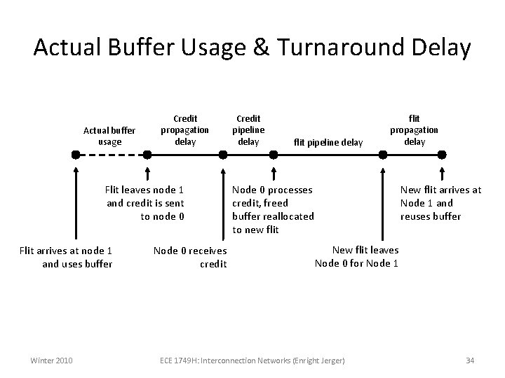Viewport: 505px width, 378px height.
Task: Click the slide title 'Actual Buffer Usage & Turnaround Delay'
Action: click(252, 48)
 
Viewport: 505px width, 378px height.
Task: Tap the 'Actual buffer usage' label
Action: click(110, 136)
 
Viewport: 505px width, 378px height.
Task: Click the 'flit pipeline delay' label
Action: click(328, 143)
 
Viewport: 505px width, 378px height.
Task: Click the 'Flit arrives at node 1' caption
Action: click(67, 257)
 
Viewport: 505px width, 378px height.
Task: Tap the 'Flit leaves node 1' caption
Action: click(144, 203)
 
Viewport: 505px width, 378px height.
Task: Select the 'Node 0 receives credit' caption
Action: click(190, 257)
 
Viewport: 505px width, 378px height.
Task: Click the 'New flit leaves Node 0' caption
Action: click(357, 256)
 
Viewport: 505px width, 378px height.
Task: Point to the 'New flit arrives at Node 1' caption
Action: click(440, 203)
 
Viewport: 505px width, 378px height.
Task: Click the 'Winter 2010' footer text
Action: click(50, 360)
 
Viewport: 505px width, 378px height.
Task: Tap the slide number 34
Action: click(470, 360)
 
